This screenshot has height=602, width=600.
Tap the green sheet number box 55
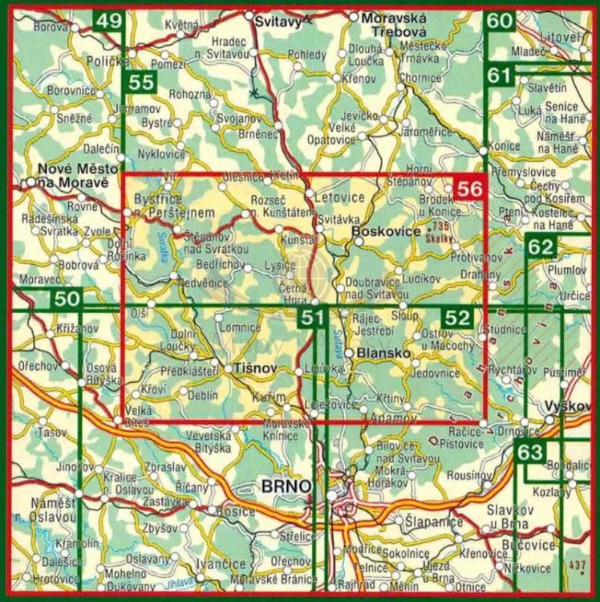click(141, 81)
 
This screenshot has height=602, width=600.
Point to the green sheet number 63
click(530, 452)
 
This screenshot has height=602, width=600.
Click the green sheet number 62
click(541, 246)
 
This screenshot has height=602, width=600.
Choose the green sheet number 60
click(499, 21)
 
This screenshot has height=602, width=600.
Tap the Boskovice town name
click(386, 231)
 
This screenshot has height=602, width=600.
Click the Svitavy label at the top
click(274, 22)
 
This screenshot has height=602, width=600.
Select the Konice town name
click(505, 148)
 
